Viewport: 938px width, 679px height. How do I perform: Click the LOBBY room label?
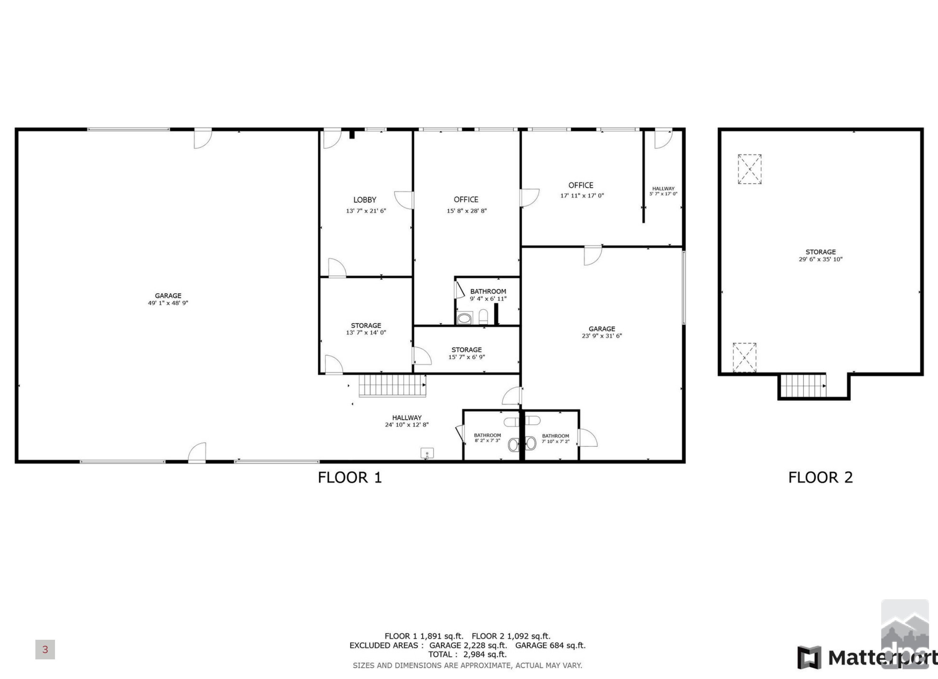[365, 200]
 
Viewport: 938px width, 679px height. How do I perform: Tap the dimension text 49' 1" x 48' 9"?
[168, 303]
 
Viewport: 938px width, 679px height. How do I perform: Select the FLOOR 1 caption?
[350, 477]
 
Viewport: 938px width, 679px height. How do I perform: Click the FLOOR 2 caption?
[820, 477]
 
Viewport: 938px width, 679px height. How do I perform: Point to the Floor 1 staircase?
[392, 386]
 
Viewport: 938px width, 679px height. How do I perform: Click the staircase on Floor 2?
[803, 386]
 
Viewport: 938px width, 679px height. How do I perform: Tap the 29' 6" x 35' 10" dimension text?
[821, 259]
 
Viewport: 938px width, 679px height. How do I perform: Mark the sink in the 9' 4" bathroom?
[464, 318]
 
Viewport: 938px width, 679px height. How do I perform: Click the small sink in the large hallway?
[427, 453]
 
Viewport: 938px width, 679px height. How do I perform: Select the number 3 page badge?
[45, 650]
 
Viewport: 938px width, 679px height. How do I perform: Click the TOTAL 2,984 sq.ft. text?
[467, 654]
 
